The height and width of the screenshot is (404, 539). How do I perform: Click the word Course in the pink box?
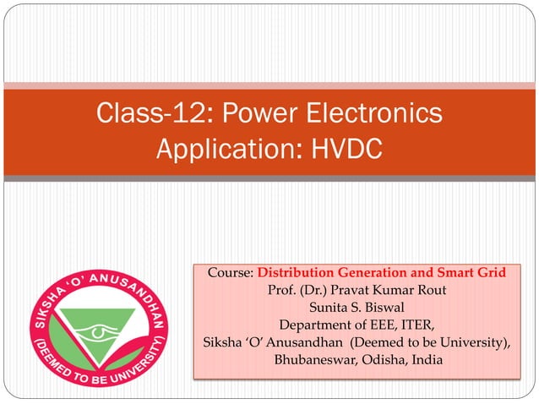pos(228,273)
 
